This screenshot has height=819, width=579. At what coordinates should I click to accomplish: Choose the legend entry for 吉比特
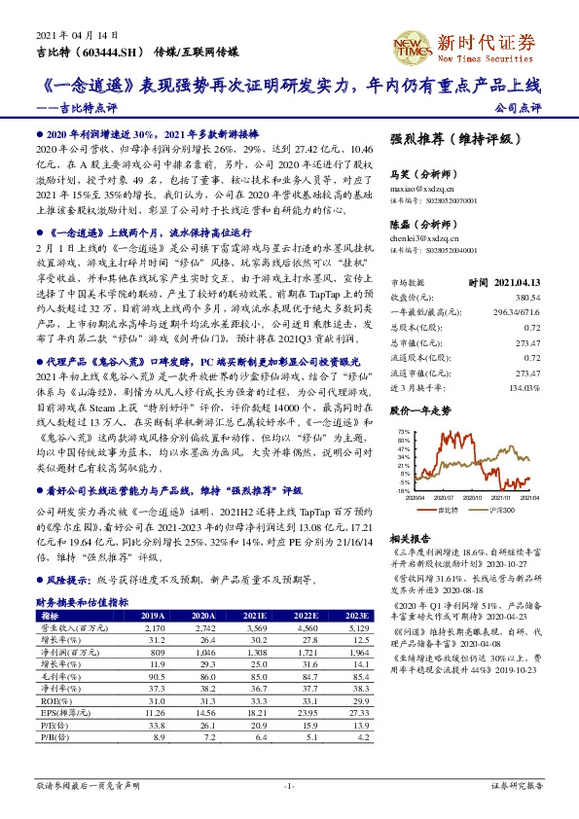pyautogui.click(x=448, y=509)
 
